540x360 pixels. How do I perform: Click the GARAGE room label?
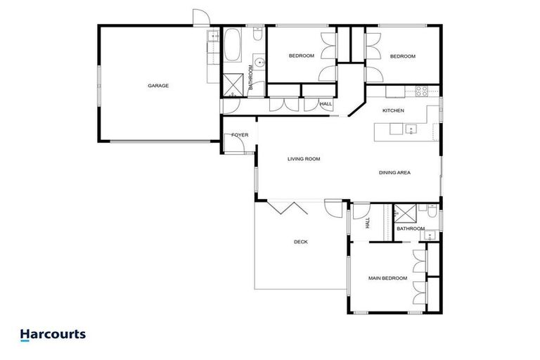point(157,86)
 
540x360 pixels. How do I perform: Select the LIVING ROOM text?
point(304,159)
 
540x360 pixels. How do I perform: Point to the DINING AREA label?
point(394,172)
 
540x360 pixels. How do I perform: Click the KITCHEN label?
point(392,111)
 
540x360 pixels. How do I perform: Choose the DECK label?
point(300,242)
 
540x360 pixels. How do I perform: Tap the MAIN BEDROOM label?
point(387,278)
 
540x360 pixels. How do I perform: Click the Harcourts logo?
point(53,335)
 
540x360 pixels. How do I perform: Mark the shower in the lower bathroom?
point(404,213)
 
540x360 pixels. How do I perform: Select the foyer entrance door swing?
point(240,144)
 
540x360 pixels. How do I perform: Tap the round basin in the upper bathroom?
point(260,63)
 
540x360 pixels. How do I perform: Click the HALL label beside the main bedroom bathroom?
point(367,223)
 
